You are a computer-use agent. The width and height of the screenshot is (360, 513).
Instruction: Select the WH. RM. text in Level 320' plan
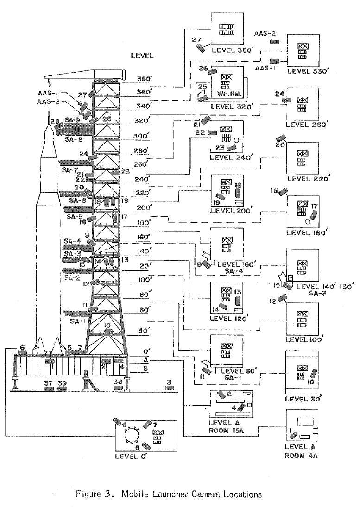(227, 94)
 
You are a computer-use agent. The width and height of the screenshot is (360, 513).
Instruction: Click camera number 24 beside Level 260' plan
(279, 94)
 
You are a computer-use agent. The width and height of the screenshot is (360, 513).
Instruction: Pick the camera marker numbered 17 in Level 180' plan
(314, 215)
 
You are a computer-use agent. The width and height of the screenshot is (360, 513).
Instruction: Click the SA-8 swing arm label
(74, 139)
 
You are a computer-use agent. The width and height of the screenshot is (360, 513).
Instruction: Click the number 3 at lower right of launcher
(169, 382)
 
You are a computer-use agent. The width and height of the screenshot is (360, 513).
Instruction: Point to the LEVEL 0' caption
(131, 456)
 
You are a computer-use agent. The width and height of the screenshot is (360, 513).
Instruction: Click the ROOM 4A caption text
(302, 455)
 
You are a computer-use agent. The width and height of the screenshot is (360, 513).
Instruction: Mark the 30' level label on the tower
(145, 331)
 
